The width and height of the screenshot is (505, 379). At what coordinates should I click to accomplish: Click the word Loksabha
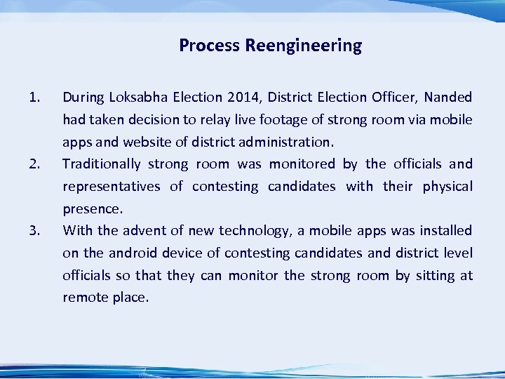[x=139, y=97]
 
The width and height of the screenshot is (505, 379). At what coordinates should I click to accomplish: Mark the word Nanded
[x=447, y=97]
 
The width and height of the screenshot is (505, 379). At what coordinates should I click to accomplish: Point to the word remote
[x=86, y=298]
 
